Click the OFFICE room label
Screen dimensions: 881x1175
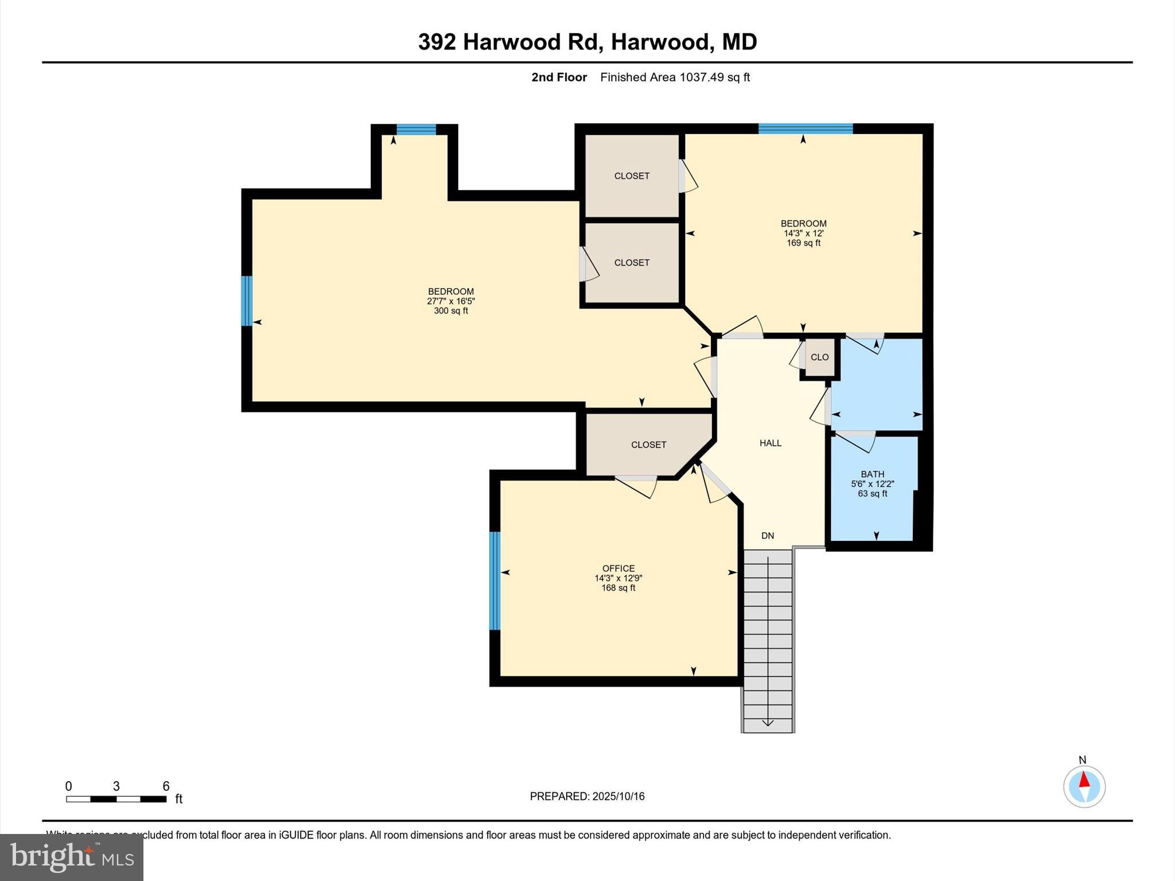click(x=618, y=568)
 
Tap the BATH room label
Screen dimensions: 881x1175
click(x=872, y=474)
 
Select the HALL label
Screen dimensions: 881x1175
click(x=770, y=443)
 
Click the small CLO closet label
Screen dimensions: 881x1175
click(x=819, y=357)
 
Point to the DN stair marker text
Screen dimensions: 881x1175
click(x=768, y=536)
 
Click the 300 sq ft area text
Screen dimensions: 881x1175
click(x=450, y=311)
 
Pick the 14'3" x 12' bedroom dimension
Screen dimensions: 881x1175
click(x=803, y=233)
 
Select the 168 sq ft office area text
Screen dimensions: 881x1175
click(x=618, y=588)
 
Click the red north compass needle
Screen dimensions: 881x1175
click(x=1084, y=780)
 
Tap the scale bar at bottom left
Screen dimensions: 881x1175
click(x=116, y=798)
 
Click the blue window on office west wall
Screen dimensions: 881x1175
click(x=495, y=580)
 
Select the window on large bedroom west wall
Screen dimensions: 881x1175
click(x=247, y=301)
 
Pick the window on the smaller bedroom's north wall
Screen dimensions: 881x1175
click(x=805, y=128)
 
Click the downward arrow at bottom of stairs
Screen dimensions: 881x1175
click(x=768, y=723)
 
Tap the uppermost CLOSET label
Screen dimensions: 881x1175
click(x=632, y=176)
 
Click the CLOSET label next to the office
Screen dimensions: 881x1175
click(x=648, y=445)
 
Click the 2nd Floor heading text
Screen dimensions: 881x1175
click(x=559, y=77)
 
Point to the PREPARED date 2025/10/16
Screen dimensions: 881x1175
click(x=618, y=796)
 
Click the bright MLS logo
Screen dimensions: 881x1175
click(x=72, y=857)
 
